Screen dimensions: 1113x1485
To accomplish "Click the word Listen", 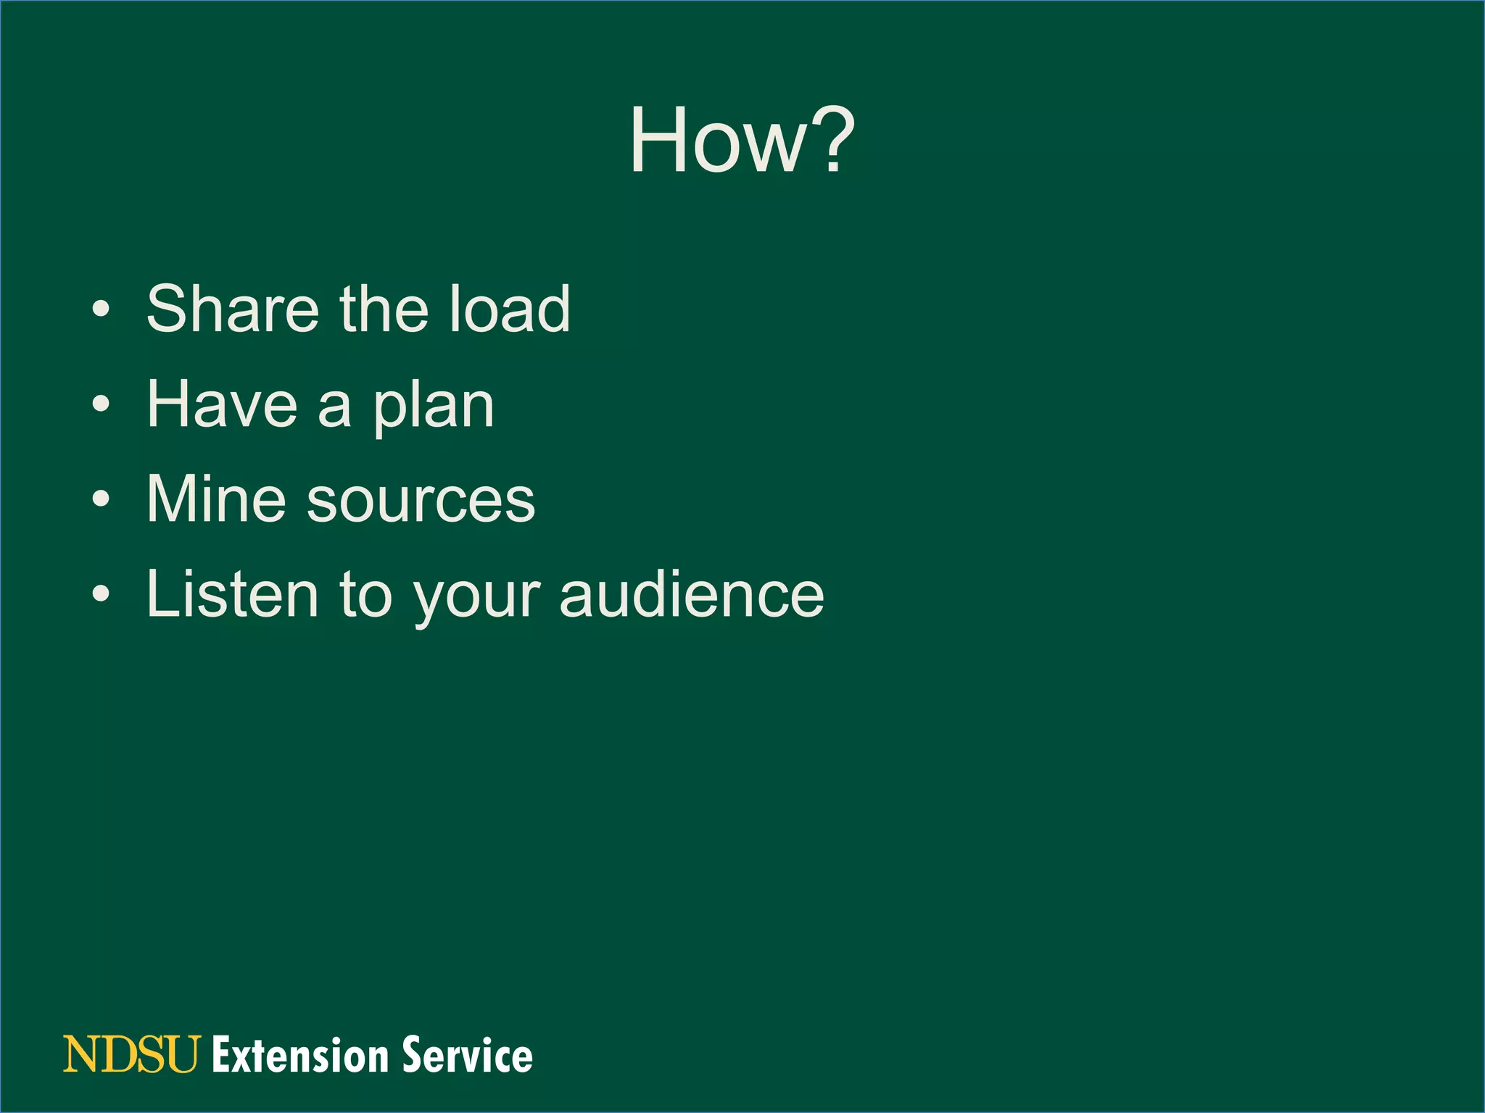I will pyautogui.click(x=232, y=594).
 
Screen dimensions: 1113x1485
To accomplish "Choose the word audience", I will pyautogui.click(x=692, y=594).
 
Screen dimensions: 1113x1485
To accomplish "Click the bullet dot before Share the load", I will pyautogui.click(x=102, y=310).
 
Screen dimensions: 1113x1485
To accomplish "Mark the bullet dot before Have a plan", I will pyautogui.click(x=102, y=405).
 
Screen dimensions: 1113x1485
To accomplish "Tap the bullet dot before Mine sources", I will pyautogui.click(x=102, y=499).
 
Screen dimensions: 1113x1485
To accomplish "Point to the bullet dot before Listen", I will pyautogui.click(x=102, y=594).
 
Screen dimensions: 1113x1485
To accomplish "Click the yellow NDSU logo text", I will pyautogui.click(x=131, y=1054).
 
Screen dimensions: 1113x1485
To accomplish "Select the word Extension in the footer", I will pyautogui.click(x=301, y=1055).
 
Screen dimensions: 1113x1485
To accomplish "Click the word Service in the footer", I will pyautogui.click(x=468, y=1055).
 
